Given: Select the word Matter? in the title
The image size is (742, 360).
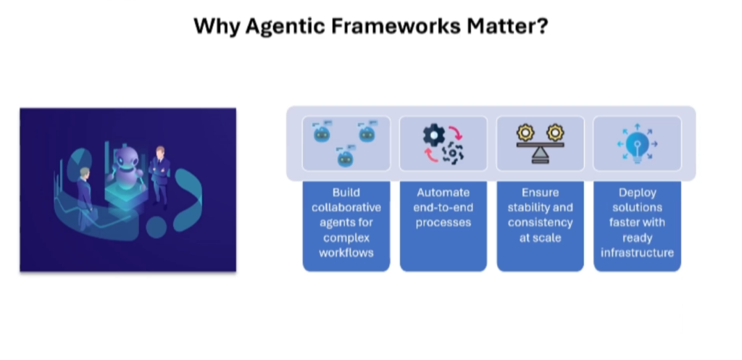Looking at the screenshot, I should pos(507,27).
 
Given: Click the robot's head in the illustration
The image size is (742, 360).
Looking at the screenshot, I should pos(127,154).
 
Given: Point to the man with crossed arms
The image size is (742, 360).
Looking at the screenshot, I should pos(159,174).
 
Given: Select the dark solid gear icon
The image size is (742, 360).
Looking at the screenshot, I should pos(434,134).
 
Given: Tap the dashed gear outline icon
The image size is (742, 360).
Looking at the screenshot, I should pos(454,153).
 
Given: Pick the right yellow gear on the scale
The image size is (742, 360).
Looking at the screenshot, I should pos(555,133).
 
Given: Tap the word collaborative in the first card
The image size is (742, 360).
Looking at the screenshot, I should pos(346,208).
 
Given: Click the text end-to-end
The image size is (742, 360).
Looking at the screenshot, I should pos(443,208).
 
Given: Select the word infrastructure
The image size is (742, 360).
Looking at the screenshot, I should pos(637,252).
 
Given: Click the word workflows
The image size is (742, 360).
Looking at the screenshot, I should pos(346,252).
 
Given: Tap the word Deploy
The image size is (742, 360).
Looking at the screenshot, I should pos(637,193).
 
